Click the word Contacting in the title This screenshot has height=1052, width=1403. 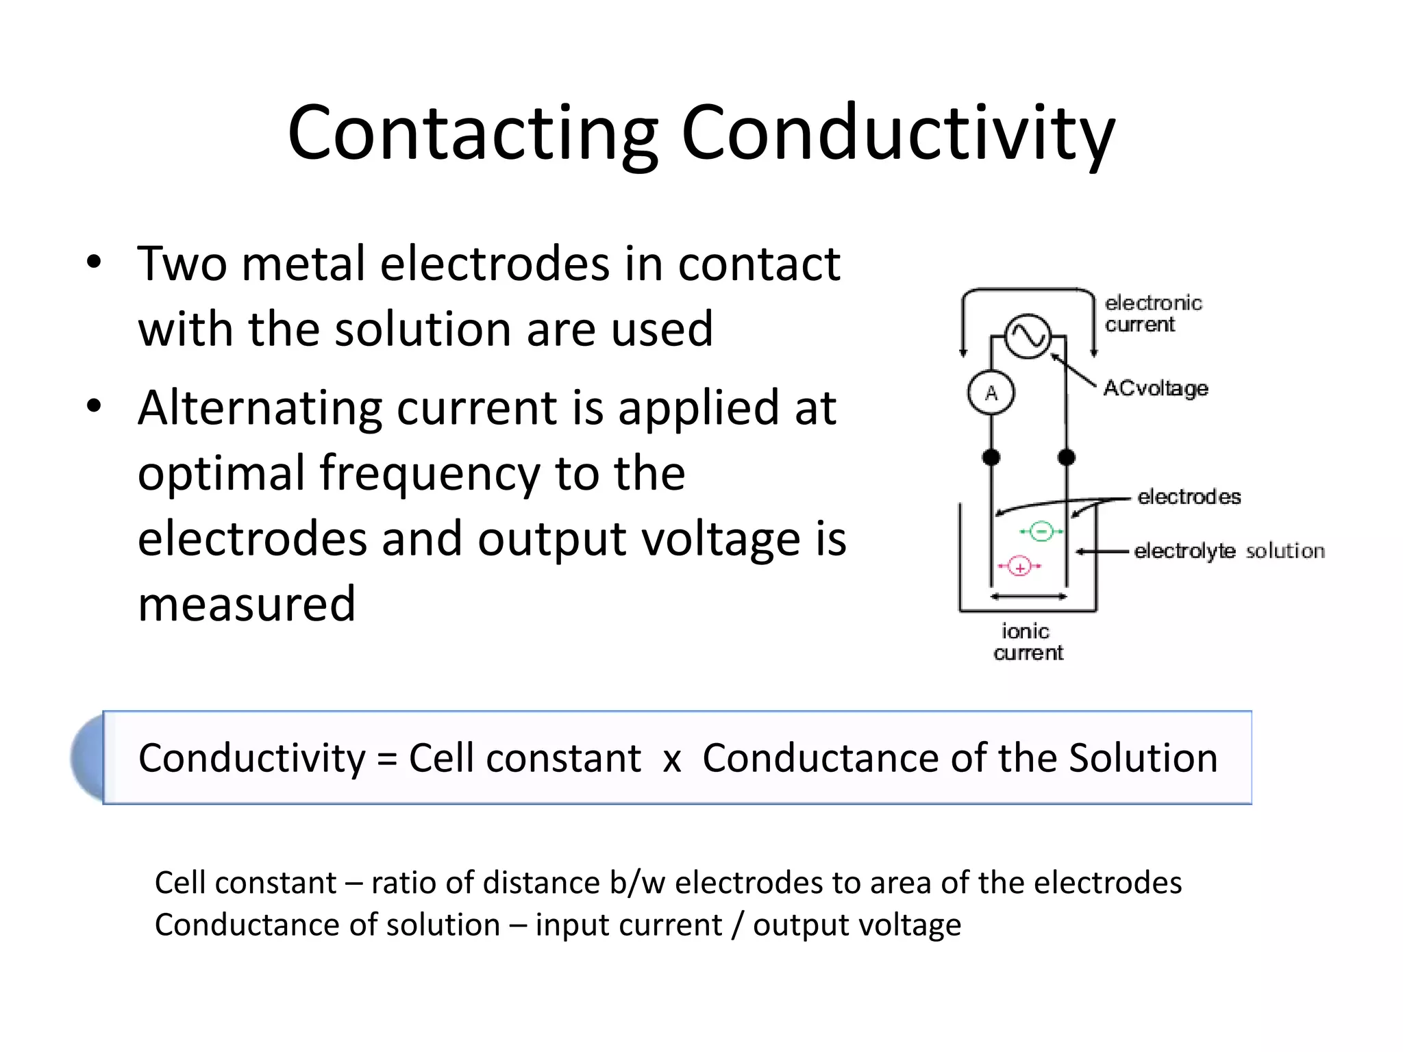click(x=473, y=134)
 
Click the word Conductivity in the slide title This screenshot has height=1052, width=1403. click(x=897, y=134)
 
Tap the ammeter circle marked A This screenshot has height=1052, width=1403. click(x=991, y=393)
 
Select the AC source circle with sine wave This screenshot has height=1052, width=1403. click(x=1028, y=336)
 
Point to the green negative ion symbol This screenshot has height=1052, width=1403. click(x=1041, y=531)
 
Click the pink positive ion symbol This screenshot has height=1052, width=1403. click(x=1019, y=566)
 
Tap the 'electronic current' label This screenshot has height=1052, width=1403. click(x=1152, y=314)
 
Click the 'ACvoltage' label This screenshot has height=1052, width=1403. click(x=1156, y=388)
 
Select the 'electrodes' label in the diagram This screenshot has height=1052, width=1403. click(x=1189, y=497)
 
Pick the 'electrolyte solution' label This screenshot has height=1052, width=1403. click(x=1229, y=551)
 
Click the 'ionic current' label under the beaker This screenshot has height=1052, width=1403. click(x=1027, y=642)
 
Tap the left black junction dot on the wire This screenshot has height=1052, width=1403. click(x=991, y=457)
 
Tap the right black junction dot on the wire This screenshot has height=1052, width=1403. click(x=1067, y=457)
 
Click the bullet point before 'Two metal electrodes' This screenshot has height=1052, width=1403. click(x=94, y=262)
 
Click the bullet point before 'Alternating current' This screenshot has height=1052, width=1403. click(x=94, y=406)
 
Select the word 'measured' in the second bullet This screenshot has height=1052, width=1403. click(x=247, y=604)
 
